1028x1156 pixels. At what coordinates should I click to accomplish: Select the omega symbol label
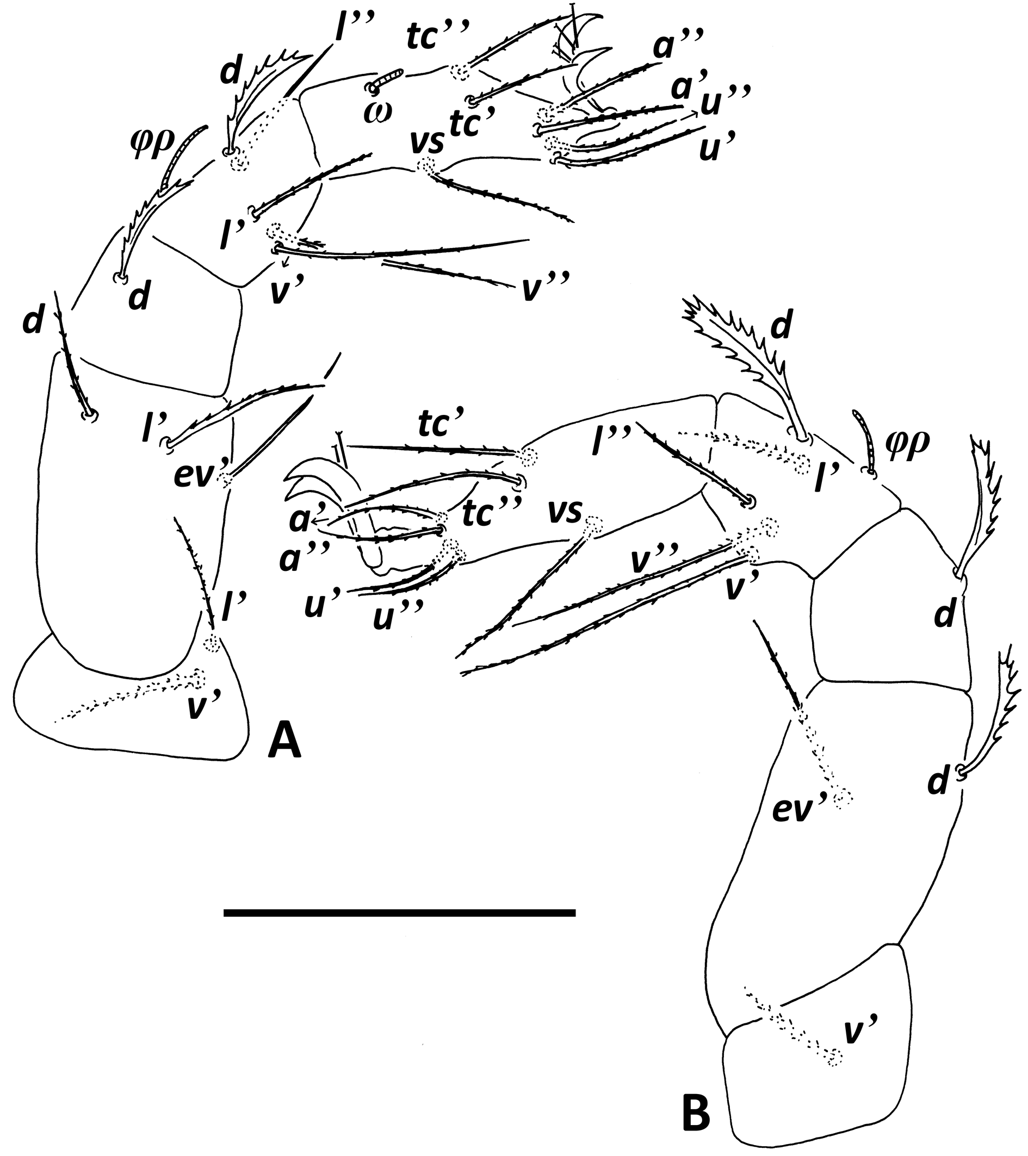(374, 106)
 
